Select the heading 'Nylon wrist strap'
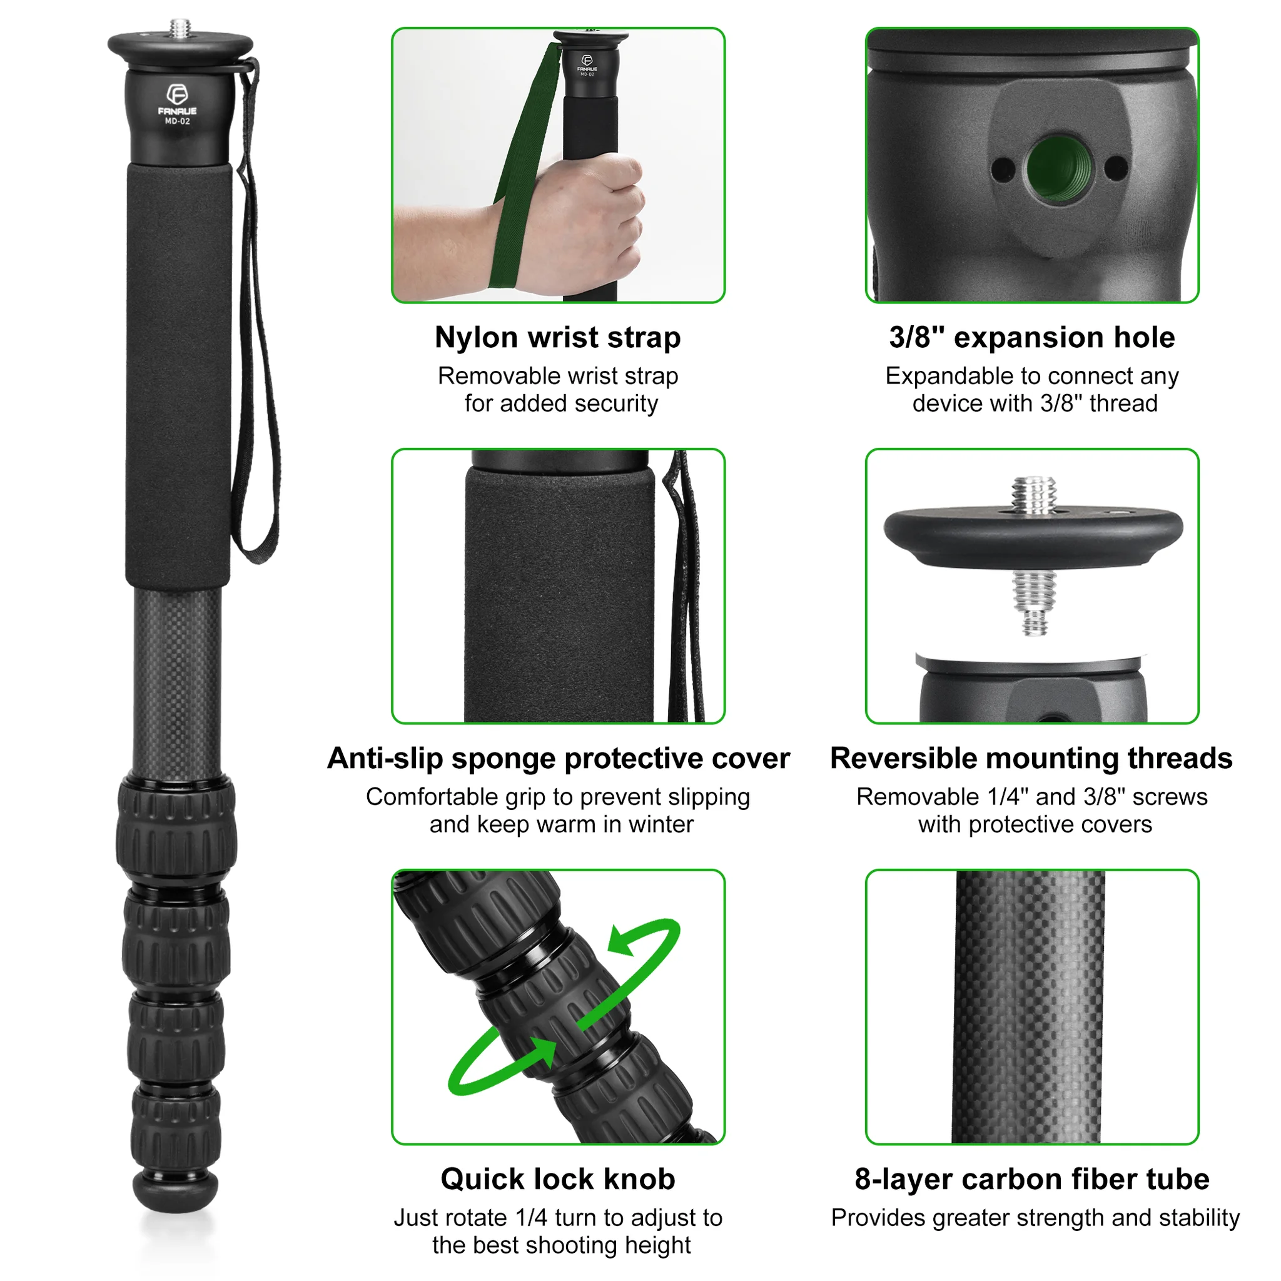pos(557,338)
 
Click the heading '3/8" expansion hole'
pos(1031,338)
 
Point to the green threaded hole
pos(1059,167)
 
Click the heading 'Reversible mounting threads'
pos(1031,758)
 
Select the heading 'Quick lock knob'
pos(557,1179)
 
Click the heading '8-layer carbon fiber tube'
pos(1031,1179)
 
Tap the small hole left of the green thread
pos(1004,168)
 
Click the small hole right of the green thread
pos(1116,167)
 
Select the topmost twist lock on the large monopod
pos(177,829)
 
